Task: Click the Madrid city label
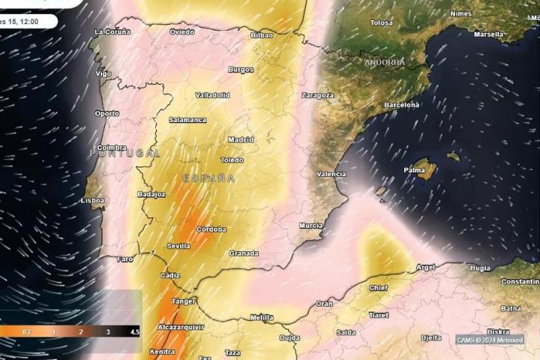[241, 139]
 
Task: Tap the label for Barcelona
[401, 105]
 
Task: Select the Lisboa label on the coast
[92, 201]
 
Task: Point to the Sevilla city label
[178, 246]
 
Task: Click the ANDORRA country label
[385, 62]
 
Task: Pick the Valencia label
[331, 174]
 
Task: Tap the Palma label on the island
[414, 170]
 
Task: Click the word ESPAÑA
[209, 178]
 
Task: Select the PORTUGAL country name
[124, 153]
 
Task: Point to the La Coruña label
[112, 31]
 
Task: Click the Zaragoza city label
[317, 96]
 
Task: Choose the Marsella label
[489, 34]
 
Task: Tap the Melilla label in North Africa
[262, 317]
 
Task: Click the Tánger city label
[184, 301]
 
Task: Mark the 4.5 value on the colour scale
[135, 331]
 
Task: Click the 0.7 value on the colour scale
[26, 331]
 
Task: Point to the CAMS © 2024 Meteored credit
[490, 340]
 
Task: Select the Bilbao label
[262, 35]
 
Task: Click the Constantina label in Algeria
[520, 281]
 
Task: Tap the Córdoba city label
[211, 229]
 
